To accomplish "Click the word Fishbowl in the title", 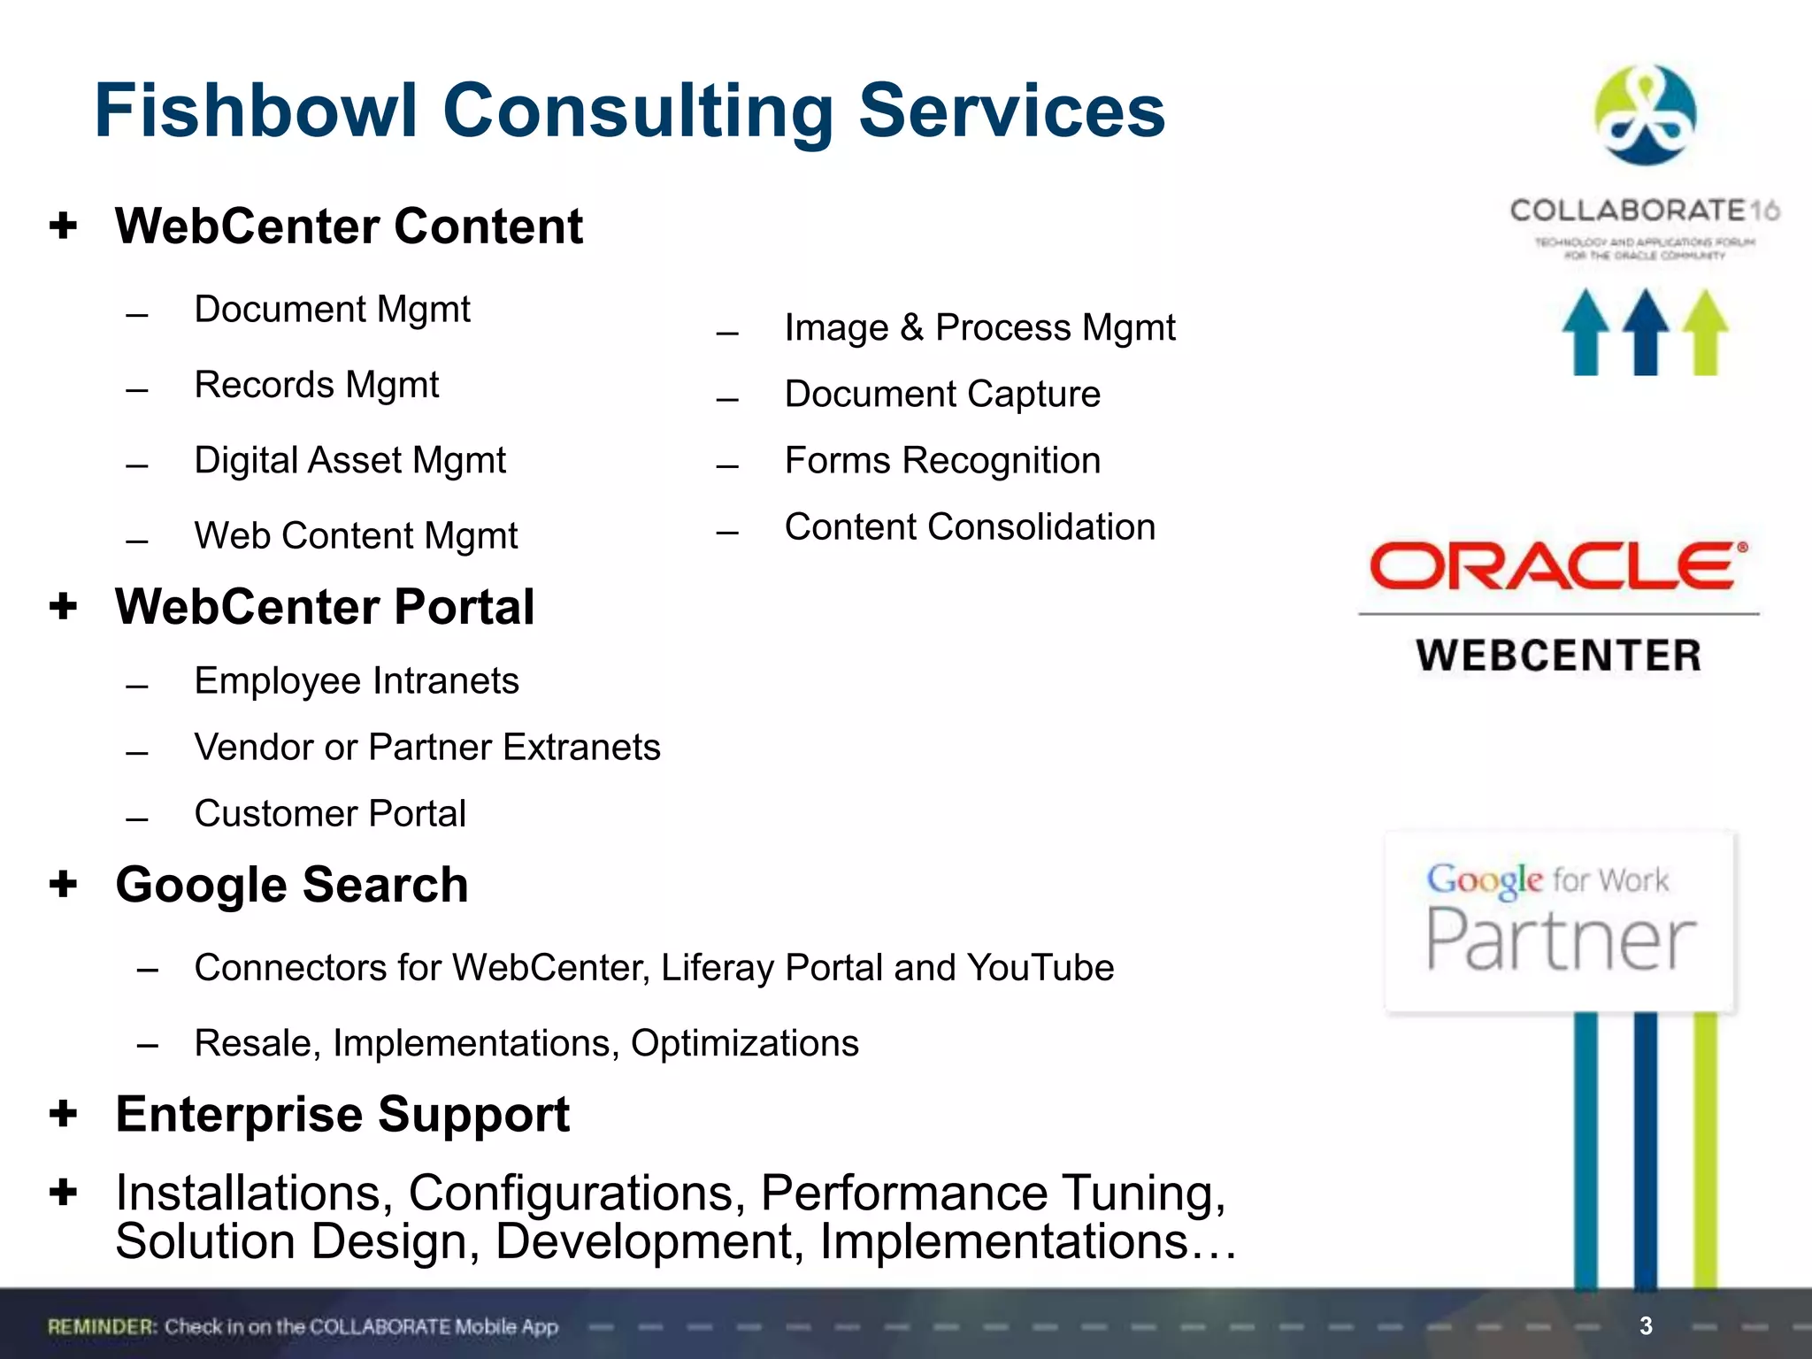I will click(255, 111).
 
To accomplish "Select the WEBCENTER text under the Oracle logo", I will click(1558, 656).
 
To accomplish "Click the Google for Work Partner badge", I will click(1559, 920).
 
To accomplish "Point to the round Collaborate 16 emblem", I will click(1645, 115).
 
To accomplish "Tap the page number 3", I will click(1646, 1325).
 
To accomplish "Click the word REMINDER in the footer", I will click(102, 1326).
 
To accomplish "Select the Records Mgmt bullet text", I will click(316, 385).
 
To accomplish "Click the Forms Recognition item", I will click(942, 461).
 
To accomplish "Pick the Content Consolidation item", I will click(970, 527).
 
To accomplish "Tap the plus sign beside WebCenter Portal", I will click(63, 607).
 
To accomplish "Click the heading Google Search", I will click(292, 885).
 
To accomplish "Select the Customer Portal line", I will click(330, 814).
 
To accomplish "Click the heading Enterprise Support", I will click(342, 1114).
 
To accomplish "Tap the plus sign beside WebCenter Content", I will click(63, 226).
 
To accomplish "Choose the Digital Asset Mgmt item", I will click(349, 461).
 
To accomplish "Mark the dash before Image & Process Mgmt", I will click(727, 334).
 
